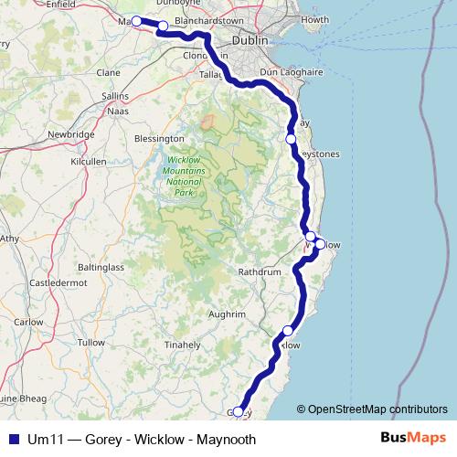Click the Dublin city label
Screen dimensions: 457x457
[x=250, y=41]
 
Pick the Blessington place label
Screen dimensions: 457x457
[x=159, y=139]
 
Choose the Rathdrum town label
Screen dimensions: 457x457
[x=259, y=272]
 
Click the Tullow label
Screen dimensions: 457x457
[x=91, y=342]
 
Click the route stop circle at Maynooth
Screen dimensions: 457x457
[x=136, y=21]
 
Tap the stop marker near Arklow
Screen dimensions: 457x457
[x=289, y=331]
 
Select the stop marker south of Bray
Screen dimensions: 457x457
[x=291, y=139]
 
